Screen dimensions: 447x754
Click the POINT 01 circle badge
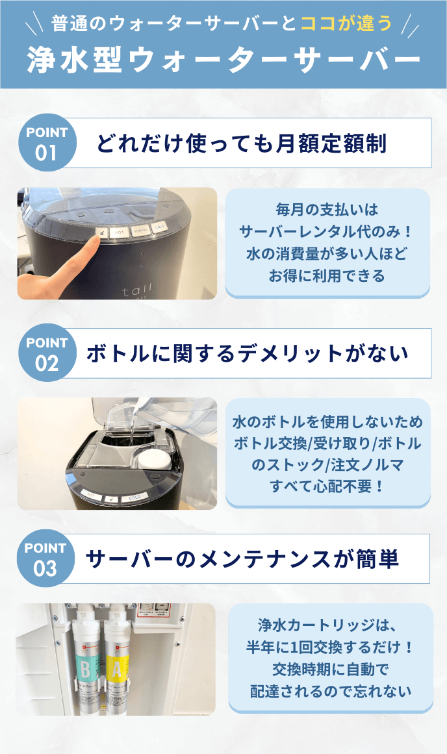[x=47, y=142]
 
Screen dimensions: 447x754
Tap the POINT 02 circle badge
[x=47, y=353]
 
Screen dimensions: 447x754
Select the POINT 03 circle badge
[x=45, y=558]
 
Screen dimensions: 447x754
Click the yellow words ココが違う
[x=346, y=23]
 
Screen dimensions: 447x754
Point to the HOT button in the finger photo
[x=118, y=232]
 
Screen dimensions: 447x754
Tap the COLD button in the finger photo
[x=159, y=227]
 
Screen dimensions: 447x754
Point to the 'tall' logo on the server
[x=137, y=290]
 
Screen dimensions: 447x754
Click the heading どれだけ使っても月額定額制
[x=242, y=143]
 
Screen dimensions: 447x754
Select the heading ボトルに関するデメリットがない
[x=248, y=353]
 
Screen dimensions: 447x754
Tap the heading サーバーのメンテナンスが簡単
[x=242, y=559]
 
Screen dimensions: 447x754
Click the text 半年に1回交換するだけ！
[x=330, y=647]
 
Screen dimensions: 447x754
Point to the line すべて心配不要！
[x=327, y=486]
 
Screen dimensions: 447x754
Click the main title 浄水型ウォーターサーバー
[x=224, y=60]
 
